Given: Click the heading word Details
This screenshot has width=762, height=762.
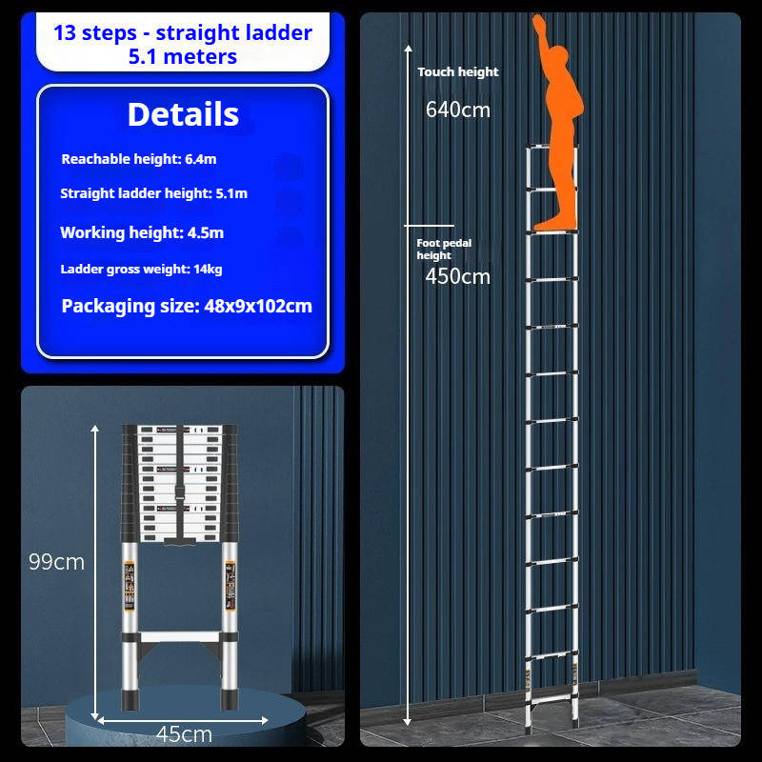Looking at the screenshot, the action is (x=183, y=114).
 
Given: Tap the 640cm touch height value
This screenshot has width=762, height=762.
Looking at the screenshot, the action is (x=458, y=110).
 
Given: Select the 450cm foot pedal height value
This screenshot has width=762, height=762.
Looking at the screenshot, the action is (x=458, y=277).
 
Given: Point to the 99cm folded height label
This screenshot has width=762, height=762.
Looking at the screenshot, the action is (x=56, y=562).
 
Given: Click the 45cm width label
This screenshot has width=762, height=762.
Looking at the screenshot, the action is (x=184, y=734).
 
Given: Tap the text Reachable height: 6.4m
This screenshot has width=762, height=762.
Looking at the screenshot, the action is (x=139, y=159).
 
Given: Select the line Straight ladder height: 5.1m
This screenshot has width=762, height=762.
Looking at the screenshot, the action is (x=153, y=193).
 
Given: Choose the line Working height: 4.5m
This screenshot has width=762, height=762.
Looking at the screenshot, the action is (x=142, y=232).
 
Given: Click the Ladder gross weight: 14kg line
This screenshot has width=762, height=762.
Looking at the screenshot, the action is (x=141, y=270).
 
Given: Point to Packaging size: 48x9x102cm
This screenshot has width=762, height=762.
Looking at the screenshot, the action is (x=187, y=307).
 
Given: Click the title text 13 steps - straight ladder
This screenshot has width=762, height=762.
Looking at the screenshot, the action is (x=183, y=33).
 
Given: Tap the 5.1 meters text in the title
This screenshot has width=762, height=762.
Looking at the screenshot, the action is (x=183, y=57).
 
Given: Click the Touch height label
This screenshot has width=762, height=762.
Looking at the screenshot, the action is (x=458, y=72).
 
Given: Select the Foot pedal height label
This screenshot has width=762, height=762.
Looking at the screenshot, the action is (x=444, y=250).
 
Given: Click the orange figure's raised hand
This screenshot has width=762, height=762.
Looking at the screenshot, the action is (x=538, y=22).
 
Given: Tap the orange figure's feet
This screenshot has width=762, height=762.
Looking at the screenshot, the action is (x=555, y=224).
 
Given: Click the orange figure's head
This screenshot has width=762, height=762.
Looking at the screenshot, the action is (x=559, y=56).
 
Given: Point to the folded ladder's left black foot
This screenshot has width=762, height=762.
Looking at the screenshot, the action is (x=130, y=699).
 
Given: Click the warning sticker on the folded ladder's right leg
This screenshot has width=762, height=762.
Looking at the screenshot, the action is (x=230, y=586).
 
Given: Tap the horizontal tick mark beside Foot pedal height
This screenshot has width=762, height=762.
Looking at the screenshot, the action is (x=430, y=226).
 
